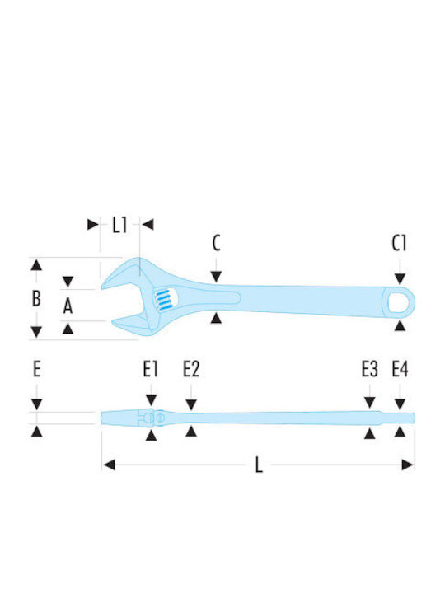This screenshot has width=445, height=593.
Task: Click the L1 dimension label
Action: (x=120, y=226)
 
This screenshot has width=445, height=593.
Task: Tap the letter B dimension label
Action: (x=36, y=298)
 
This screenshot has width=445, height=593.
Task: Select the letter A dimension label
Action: (x=68, y=306)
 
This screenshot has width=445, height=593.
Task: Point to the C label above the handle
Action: (x=216, y=243)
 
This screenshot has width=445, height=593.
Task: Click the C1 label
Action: (x=399, y=243)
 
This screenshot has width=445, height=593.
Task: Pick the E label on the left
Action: (x=37, y=369)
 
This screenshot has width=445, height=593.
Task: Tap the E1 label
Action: (x=150, y=369)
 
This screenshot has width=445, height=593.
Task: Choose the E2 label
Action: (x=191, y=369)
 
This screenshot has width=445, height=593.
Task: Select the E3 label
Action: (x=370, y=369)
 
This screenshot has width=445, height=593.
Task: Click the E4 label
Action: (x=400, y=369)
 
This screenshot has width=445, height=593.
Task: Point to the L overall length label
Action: (x=259, y=465)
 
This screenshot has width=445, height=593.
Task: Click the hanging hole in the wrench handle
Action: (x=399, y=302)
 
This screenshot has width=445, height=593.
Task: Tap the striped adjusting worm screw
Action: (x=163, y=300)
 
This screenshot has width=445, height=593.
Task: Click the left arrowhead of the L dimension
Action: (x=109, y=465)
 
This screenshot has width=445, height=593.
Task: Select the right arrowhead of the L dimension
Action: (x=408, y=465)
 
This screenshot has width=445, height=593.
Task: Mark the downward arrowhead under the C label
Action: (x=216, y=277)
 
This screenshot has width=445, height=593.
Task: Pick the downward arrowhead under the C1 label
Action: (x=400, y=279)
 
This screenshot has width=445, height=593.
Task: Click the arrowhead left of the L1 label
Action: (x=92, y=224)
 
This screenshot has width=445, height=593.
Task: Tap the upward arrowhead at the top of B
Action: (x=36, y=264)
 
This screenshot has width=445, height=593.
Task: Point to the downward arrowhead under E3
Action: (x=370, y=403)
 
